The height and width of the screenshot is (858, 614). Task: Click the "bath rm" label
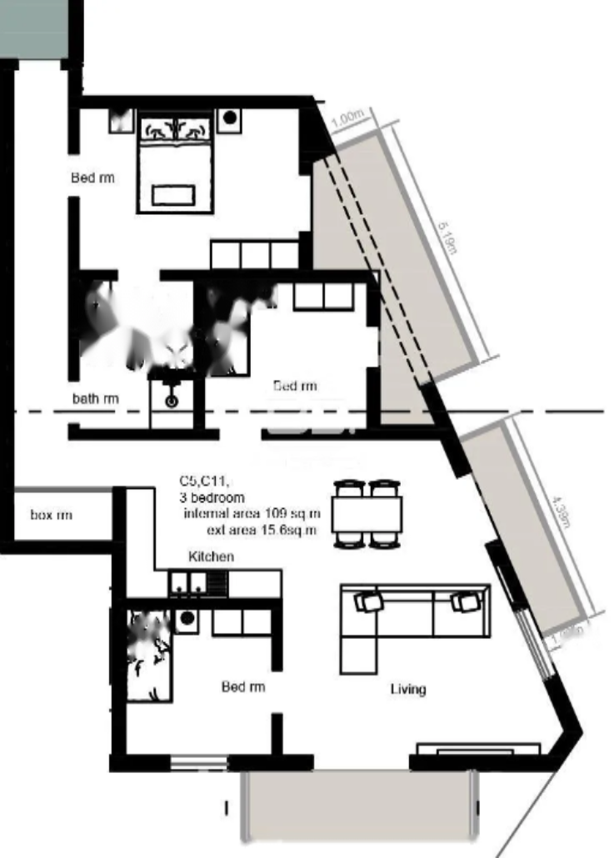pyautogui.click(x=95, y=399)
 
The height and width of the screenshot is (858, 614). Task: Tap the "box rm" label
pyautogui.click(x=51, y=516)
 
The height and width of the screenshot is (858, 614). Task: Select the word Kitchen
pyautogui.click(x=212, y=556)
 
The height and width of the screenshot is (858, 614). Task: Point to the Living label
pyautogui.click(x=408, y=689)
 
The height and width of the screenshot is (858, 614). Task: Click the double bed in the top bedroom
pyautogui.click(x=175, y=166)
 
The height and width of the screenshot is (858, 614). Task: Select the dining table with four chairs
pyautogui.click(x=367, y=513)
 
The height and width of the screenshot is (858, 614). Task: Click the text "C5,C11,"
pyautogui.click(x=203, y=481)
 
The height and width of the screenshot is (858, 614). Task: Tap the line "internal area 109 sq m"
pyautogui.click(x=252, y=512)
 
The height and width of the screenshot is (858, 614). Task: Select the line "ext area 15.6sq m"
pyautogui.click(x=262, y=528)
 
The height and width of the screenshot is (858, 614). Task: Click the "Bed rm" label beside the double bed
pyautogui.click(x=92, y=177)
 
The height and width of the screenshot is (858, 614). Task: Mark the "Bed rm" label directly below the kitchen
pyautogui.click(x=243, y=687)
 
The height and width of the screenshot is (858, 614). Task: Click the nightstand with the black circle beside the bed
pyautogui.click(x=229, y=119)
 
